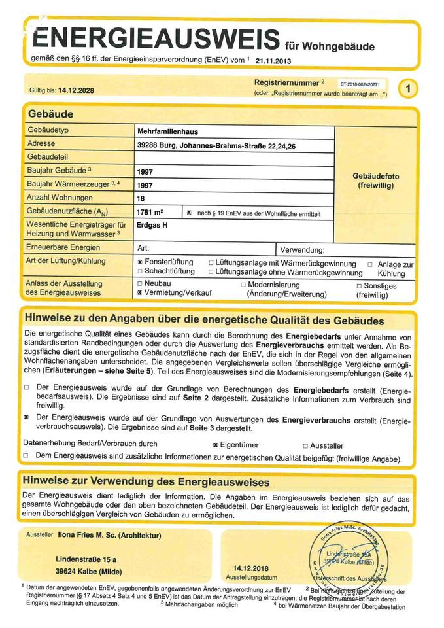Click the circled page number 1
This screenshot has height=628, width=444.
tap(407, 88)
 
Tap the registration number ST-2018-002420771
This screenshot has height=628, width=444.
tap(363, 84)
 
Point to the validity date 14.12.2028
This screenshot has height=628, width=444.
tap(76, 90)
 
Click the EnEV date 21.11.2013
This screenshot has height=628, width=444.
tap(273, 61)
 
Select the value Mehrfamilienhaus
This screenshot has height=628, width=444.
tap(167, 131)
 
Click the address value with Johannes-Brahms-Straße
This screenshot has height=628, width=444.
tap(216, 146)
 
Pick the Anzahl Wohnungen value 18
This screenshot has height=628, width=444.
tap(141, 198)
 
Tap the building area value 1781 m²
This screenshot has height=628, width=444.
tap(150, 213)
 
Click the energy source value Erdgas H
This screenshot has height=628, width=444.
tap(152, 225)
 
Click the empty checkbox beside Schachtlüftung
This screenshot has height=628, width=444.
tap(140, 271)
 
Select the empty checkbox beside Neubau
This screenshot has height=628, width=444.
tap(140, 284)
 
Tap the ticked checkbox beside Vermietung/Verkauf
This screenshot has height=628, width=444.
tap(140, 294)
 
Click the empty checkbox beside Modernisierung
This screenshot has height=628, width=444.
tap(243, 285)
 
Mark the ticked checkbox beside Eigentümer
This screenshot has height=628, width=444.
tap(215, 445)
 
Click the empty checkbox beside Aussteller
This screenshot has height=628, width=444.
tap(305, 445)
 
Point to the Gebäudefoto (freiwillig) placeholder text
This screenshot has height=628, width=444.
tap(375, 181)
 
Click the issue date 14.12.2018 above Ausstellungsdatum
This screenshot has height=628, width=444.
tap(250, 568)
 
